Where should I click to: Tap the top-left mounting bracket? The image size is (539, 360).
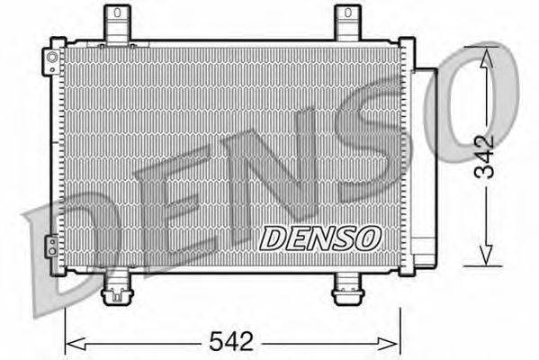pyautogui.click(x=116, y=23)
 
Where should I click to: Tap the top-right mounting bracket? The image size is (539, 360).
pyautogui.click(x=346, y=23)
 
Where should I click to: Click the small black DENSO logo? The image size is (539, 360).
pyautogui.click(x=321, y=238)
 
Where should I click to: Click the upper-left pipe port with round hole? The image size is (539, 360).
pyautogui.click(x=52, y=61)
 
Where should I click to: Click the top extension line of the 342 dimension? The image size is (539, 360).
pyautogui.click(x=450, y=46)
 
